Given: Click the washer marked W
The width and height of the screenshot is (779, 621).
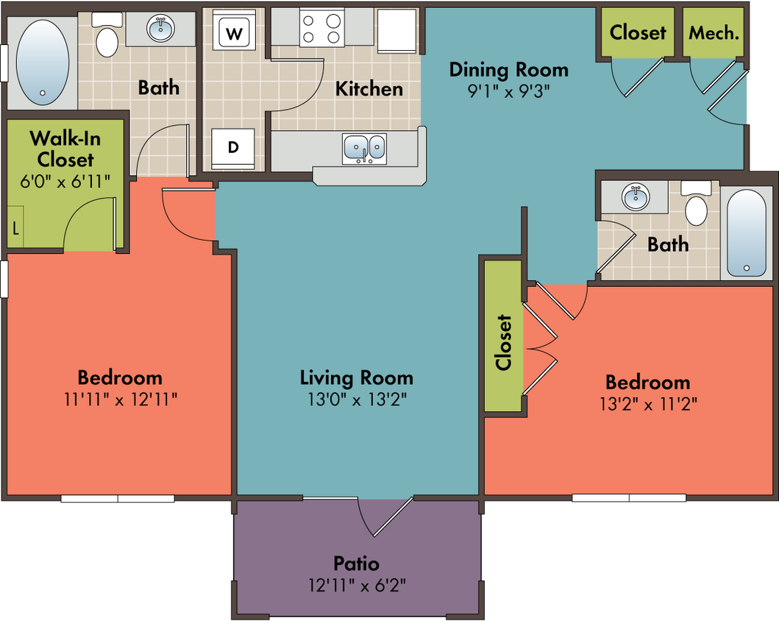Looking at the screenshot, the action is (x=234, y=30).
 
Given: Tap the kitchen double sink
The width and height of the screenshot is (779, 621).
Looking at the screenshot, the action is (x=364, y=149).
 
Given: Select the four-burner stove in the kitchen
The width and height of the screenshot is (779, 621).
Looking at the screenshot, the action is (x=322, y=28).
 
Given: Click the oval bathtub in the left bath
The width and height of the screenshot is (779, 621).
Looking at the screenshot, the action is (x=43, y=63).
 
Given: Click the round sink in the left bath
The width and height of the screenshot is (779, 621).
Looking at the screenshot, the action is (x=160, y=28).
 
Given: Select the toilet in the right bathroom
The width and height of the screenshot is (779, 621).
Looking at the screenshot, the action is (x=696, y=204).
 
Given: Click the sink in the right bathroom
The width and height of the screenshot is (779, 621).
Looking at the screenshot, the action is (x=636, y=197).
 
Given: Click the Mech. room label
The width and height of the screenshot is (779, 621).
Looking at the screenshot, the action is (x=714, y=33).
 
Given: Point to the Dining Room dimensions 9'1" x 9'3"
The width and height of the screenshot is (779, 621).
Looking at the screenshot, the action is (x=509, y=91).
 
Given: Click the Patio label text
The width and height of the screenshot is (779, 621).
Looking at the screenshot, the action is (x=356, y=564).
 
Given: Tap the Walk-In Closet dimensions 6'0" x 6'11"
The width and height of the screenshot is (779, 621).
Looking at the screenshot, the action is (x=65, y=181).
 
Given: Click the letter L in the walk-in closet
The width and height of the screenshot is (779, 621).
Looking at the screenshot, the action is (x=16, y=229).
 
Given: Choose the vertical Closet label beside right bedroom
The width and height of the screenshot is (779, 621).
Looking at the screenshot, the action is (x=503, y=342).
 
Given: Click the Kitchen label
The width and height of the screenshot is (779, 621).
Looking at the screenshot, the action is (x=369, y=88).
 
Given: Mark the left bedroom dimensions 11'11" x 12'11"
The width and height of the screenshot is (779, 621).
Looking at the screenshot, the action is (x=121, y=399).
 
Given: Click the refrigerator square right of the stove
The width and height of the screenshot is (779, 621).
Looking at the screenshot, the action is (x=396, y=30).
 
